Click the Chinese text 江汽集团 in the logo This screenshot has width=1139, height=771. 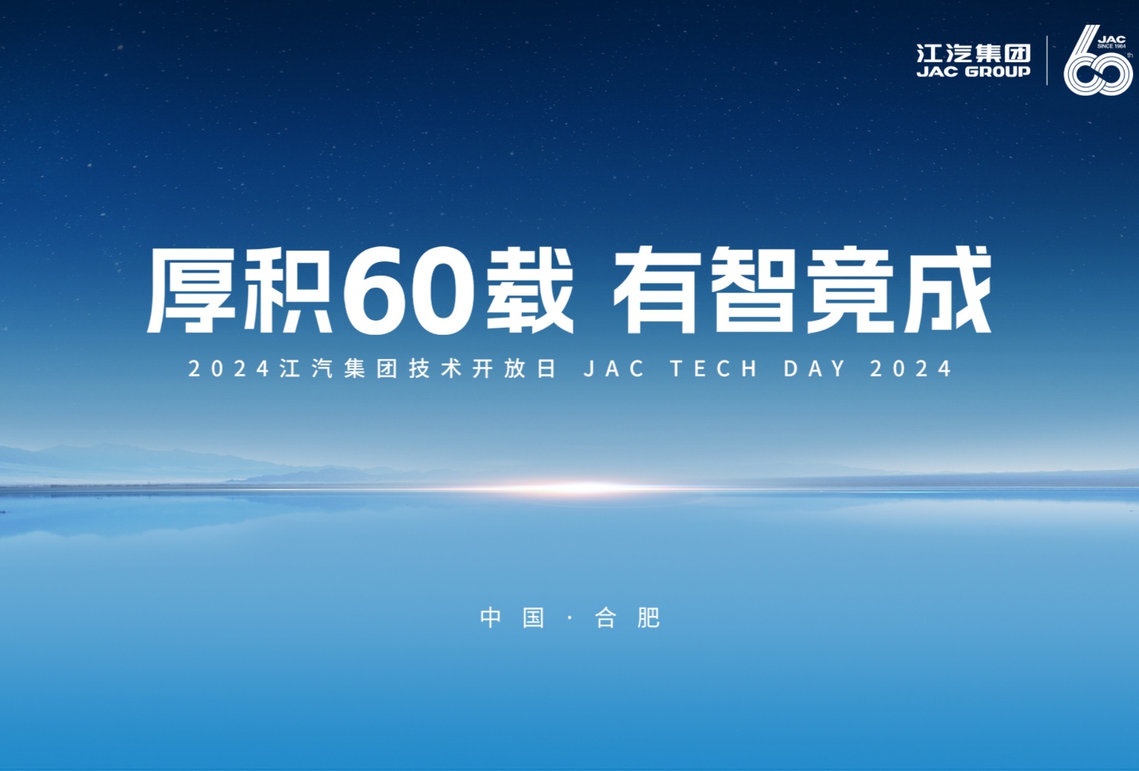[973, 53]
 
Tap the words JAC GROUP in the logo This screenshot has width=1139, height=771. [973, 72]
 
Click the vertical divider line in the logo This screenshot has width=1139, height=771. [1047, 60]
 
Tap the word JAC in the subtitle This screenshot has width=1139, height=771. [614, 369]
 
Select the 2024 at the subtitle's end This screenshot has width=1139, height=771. [911, 369]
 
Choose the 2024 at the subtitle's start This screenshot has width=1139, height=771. [229, 369]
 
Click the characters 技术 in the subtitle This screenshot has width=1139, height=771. [435, 369]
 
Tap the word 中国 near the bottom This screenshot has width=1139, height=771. [513, 618]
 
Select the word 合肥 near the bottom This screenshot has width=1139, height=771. [627, 618]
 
